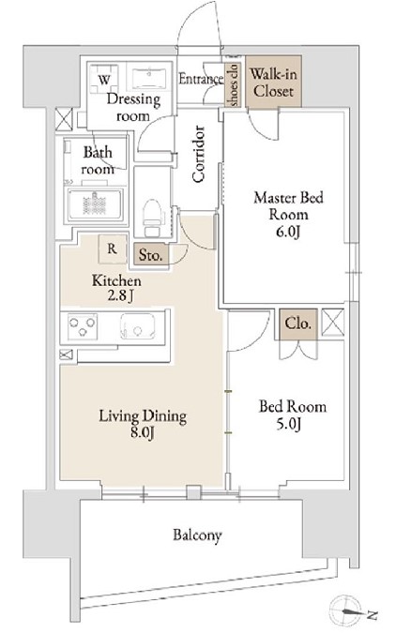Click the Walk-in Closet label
click(273, 83)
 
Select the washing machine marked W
click(104, 79)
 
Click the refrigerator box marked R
click(112, 249)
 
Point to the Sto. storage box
click(150, 255)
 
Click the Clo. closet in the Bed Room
click(298, 324)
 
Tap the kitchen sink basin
click(138, 326)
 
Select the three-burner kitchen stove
click(83, 325)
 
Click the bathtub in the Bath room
click(96, 205)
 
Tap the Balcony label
click(198, 535)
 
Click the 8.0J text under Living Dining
click(143, 433)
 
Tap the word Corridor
click(198, 154)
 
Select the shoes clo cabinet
click(234, 84)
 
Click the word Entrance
click(201, 79)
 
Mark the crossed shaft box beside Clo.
click(332, 323)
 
